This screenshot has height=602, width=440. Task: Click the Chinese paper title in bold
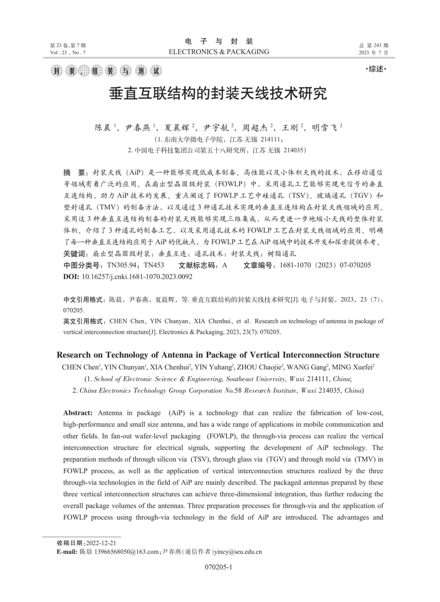coord(218,94)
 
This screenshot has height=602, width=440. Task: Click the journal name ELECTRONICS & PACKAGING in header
coord(219,52)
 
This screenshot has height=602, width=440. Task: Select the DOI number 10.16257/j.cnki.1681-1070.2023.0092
coord(137,277)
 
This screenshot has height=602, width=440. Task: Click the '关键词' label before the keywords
coord(76,254)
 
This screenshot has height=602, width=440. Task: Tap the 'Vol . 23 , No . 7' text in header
coord(68,52)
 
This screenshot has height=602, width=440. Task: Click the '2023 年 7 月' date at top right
coord(373,52)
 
